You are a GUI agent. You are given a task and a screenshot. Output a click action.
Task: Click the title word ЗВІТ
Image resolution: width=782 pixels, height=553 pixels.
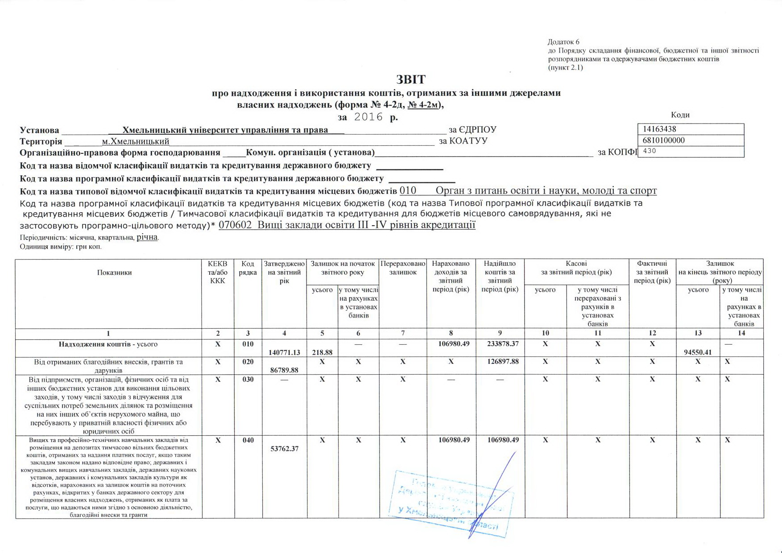411,80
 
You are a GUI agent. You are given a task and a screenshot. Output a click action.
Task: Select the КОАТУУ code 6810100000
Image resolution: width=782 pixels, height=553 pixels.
664,140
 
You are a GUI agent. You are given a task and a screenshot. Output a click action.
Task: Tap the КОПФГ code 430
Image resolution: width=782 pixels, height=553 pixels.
650,151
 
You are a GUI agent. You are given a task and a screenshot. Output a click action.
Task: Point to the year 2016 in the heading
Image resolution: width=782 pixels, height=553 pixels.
368,117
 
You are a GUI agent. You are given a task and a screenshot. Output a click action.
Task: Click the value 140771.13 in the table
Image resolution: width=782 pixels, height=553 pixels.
284,352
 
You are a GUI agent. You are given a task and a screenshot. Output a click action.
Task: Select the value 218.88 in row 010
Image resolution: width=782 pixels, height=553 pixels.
322,352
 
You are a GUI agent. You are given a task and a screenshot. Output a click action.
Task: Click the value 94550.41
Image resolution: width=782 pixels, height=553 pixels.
698,352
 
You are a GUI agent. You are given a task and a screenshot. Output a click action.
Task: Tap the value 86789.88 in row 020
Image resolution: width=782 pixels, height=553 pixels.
284,370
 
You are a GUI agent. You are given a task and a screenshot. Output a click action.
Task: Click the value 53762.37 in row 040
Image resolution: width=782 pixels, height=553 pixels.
284,449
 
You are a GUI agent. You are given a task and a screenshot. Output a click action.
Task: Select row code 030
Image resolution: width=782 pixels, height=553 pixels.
248,380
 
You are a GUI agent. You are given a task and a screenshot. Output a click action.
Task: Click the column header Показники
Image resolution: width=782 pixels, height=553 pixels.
114,272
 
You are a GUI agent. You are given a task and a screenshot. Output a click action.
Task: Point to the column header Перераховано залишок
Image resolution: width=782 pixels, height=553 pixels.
403,268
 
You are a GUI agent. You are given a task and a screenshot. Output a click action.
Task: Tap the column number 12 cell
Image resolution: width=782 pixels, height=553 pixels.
652,333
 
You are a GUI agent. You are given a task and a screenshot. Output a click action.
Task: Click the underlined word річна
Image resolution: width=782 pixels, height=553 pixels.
147,237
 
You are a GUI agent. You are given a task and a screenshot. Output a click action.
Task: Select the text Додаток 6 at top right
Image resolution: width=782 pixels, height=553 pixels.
563,42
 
